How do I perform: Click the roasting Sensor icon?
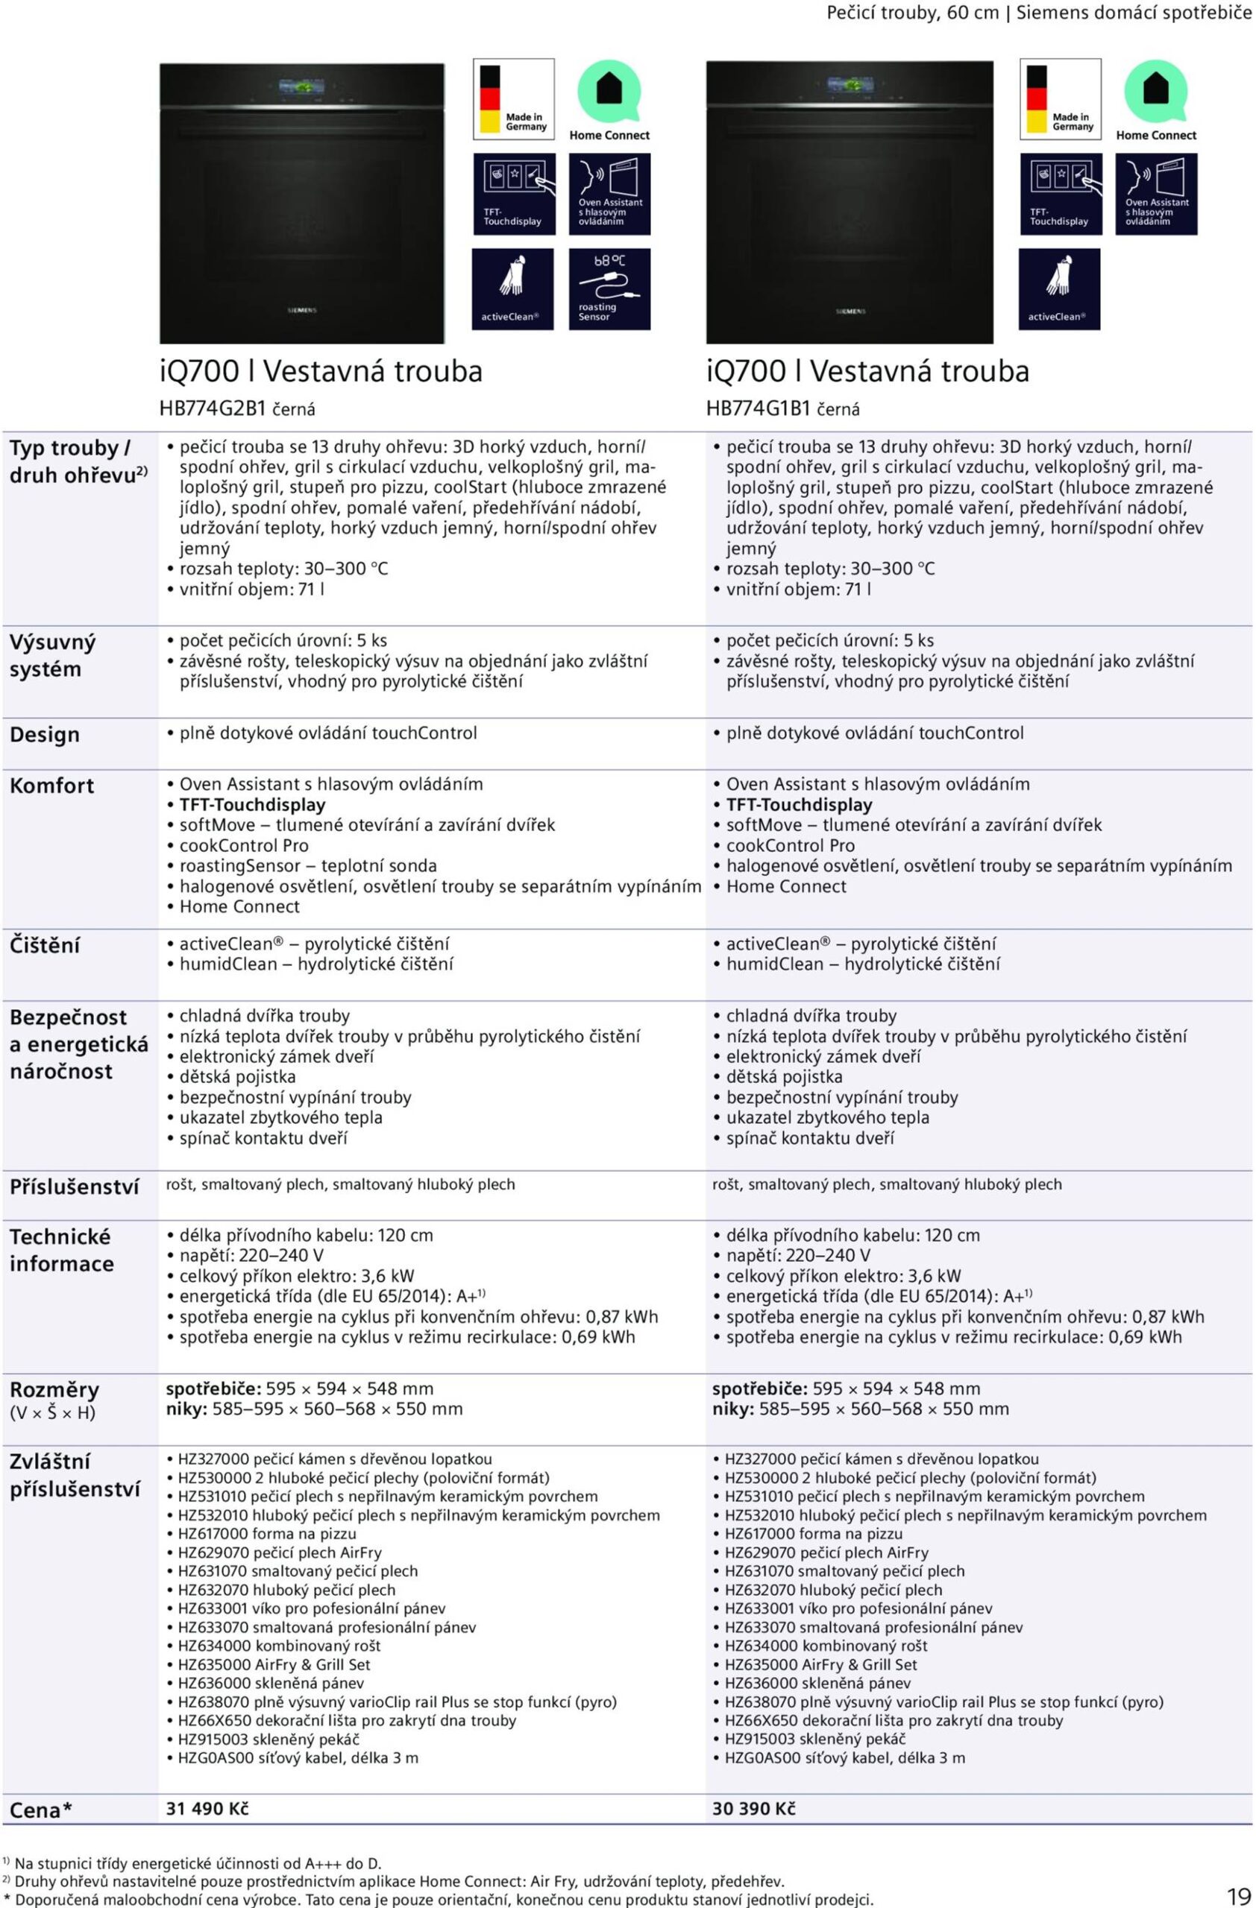pos(609,288)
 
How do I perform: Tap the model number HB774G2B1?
pos(213,409)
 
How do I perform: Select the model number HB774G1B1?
pos(759,409)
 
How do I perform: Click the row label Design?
pos(45,734)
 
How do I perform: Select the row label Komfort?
pos(51,786)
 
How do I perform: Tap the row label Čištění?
pos(45,945)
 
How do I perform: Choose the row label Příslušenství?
pos(74,1187)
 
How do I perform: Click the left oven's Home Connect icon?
pos(609,100)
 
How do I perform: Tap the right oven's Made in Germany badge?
pos(1061,98)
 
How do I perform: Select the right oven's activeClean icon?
pos(1058,288)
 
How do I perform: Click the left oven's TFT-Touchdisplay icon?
pos(513,194)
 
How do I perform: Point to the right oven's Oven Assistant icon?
pos(1156,194)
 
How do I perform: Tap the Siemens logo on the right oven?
pos(850,311)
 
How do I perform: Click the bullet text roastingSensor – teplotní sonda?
pos(308,866)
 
